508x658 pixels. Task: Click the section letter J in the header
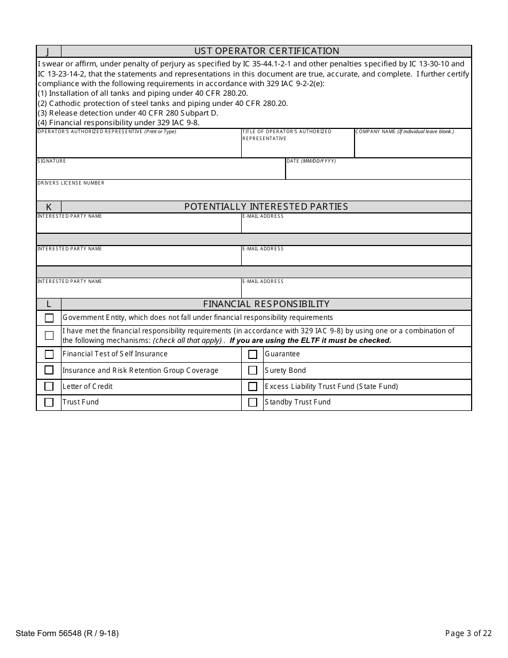pos(48,51)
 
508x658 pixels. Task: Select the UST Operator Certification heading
pos(266,51)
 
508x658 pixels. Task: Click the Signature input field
pos(160,172)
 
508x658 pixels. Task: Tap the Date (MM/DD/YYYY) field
pos(378,172)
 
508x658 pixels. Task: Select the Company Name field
pos(413,146)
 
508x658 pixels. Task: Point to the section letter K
pos(49,207)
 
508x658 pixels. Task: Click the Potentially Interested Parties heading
pos(266,207)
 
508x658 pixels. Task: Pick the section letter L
pos(49,304)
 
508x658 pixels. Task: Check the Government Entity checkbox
pos(49,318)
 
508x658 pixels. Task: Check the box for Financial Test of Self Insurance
pos(49,354)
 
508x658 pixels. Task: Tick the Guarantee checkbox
pos(252,354)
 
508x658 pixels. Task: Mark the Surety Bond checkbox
pos(252,371)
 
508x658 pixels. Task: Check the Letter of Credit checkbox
pos(49,387)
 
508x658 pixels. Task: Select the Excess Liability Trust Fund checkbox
pos(252,387)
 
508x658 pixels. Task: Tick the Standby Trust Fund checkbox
pos(252,402)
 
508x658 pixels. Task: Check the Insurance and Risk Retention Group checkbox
pos(49,370)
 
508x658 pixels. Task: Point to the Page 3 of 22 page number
pos(468,633)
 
